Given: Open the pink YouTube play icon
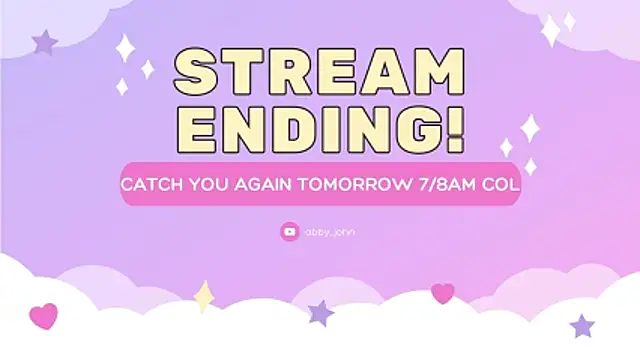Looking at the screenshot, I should (289, 231).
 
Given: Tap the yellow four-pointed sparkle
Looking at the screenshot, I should (204, 296).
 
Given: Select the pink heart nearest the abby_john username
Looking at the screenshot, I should (442, 293).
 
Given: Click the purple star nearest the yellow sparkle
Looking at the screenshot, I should (320, 313).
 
